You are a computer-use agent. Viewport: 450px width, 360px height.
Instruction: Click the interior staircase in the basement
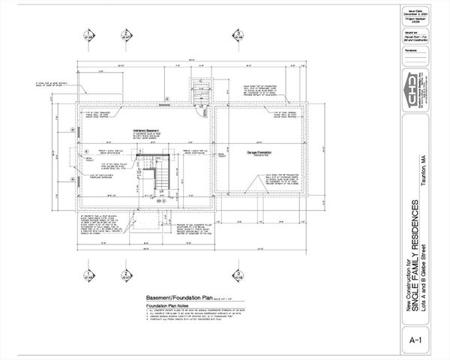[x=158, y=178]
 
